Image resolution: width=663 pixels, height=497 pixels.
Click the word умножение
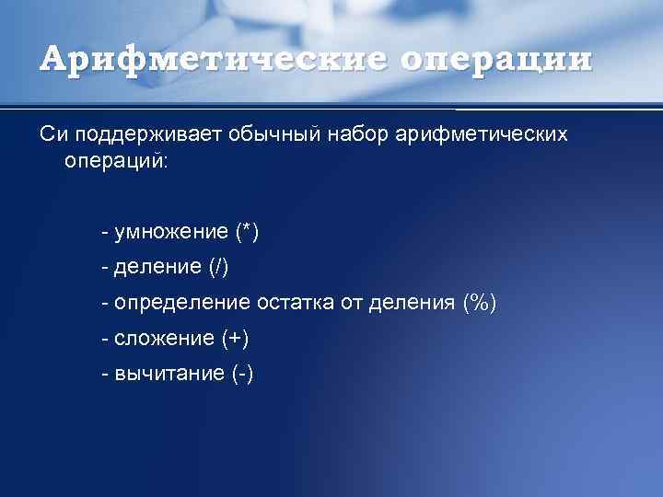[171, 232]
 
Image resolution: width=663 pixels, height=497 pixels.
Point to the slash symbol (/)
[218, 268]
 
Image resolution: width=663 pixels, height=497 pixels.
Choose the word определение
[182, 303]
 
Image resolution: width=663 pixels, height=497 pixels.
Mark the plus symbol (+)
[235, 338]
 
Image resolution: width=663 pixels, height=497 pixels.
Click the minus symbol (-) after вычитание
[243, 374]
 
